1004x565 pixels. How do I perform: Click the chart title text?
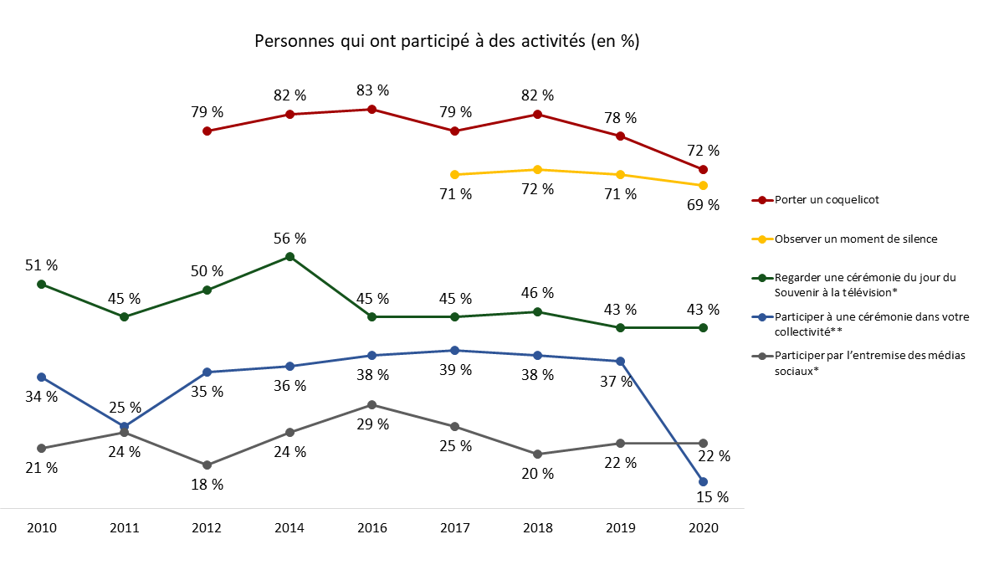(x=447, y=42)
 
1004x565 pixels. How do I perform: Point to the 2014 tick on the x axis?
(x=289, y=528)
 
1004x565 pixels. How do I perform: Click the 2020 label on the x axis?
(x=703, y=528)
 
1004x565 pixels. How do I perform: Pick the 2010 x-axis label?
(x=42, y=528)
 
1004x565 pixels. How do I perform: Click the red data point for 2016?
(x=372, y=109)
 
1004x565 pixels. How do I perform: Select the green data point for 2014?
(x=289, y=256)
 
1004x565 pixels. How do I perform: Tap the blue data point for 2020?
(x=703, y=481)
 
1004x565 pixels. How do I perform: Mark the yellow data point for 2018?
(x=537, y=169)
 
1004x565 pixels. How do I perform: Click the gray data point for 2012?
(x=207, y=465)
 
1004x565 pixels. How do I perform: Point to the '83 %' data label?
(x=372, y=90)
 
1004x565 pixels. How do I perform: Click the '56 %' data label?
(x=289, y=238)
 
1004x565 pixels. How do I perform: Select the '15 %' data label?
(x=713, y=497)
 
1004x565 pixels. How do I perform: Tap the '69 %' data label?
(x=703, y=205)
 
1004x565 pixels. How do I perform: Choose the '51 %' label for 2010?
(x=42, y=265)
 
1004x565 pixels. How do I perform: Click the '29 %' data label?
(x=372, y=424)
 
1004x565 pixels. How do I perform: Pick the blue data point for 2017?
(x=454, y=350)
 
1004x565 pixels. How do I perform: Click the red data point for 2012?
(x=207, y=131)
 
